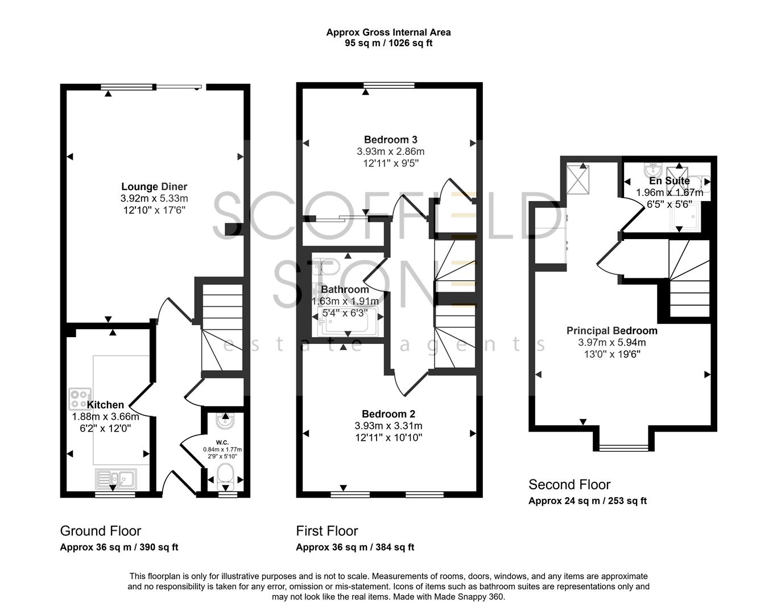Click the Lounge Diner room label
[x=154, y=187]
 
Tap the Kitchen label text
[x=105, y=405]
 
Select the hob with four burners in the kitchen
[x=80, y=399]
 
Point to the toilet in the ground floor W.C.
[x=226, y=475]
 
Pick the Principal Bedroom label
[x=611, y=331]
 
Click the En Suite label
[x=669, y=181]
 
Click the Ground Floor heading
[x=100, y=531]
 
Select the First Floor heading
[x=326, y=531]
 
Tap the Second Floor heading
[x=569, y=485]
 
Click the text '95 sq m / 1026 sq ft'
[x=388, y=43]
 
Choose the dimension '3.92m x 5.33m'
[x=154, y=199]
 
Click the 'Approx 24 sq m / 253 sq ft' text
[x=587, y=501]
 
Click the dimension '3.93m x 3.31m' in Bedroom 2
[x=388, y=426]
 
